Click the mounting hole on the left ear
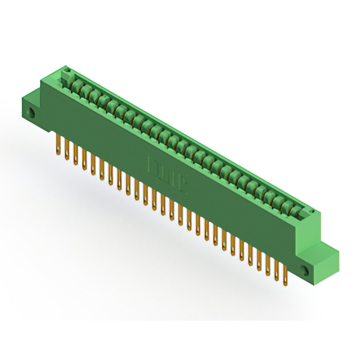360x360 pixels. point(31,114)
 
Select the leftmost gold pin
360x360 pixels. point(58,142)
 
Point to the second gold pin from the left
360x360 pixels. point(67,148)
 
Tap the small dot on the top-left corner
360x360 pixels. point(66,71)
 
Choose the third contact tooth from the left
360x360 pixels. point(93,96)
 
